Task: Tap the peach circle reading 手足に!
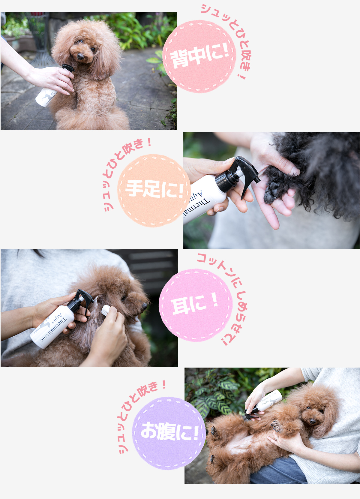[x=154, y=191]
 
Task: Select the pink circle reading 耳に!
[x=196, y=305]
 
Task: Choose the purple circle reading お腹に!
[x=169, y=433]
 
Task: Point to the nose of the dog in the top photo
[x=80, y=56]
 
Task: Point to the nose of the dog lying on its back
[x=313, y=421]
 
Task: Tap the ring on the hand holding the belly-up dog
[x=277, y=438]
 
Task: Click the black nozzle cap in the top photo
[x=68, y=68]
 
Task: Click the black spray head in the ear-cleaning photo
[x=81, y=300]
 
